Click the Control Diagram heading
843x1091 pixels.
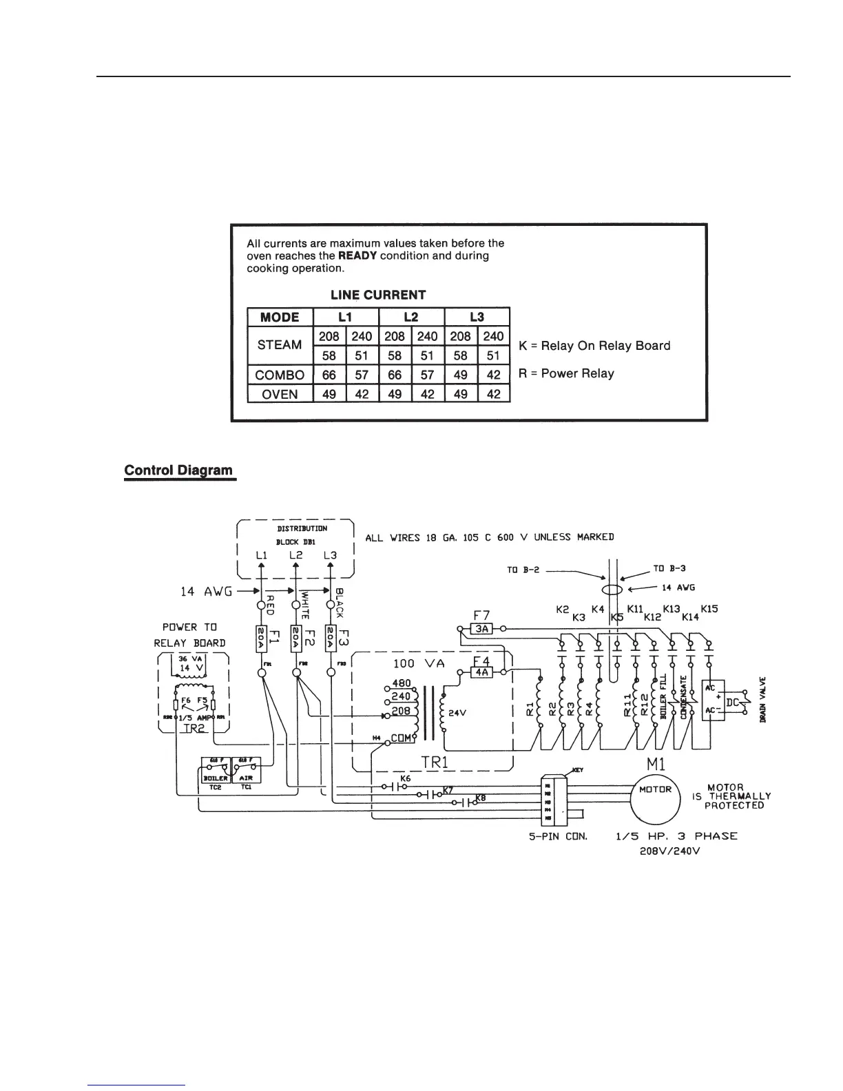point(178,470)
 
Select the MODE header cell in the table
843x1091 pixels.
point(280,318)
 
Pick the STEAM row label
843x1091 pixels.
point(280,345)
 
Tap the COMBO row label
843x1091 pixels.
point(280,375)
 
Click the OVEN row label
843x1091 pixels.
point(280,394)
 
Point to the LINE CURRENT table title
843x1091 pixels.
point(378,295)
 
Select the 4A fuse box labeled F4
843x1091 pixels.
point(481,672)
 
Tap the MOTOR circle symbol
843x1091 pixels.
point(655,789)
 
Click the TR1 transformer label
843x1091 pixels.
point(435,762)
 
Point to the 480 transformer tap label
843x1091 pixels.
point(401,684)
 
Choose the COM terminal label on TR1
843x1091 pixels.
point(400,738)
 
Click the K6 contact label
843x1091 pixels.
point(405,778)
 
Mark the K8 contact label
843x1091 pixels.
point(481,798)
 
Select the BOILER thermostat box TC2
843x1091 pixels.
point(215,776)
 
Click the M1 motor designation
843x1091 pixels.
point(655,763)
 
